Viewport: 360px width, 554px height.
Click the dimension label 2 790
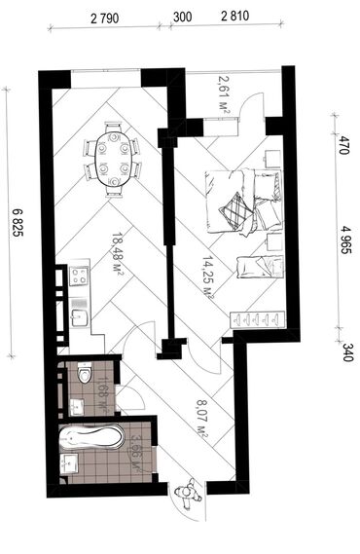[101, 17]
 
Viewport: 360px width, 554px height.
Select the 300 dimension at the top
[182, 17]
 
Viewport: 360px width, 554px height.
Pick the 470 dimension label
[343, 147]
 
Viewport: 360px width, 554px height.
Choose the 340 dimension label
[343, 350]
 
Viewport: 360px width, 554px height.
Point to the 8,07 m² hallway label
[202, 416]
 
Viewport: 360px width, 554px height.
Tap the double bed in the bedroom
[240, 200]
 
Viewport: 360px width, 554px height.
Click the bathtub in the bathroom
[94, 440]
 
